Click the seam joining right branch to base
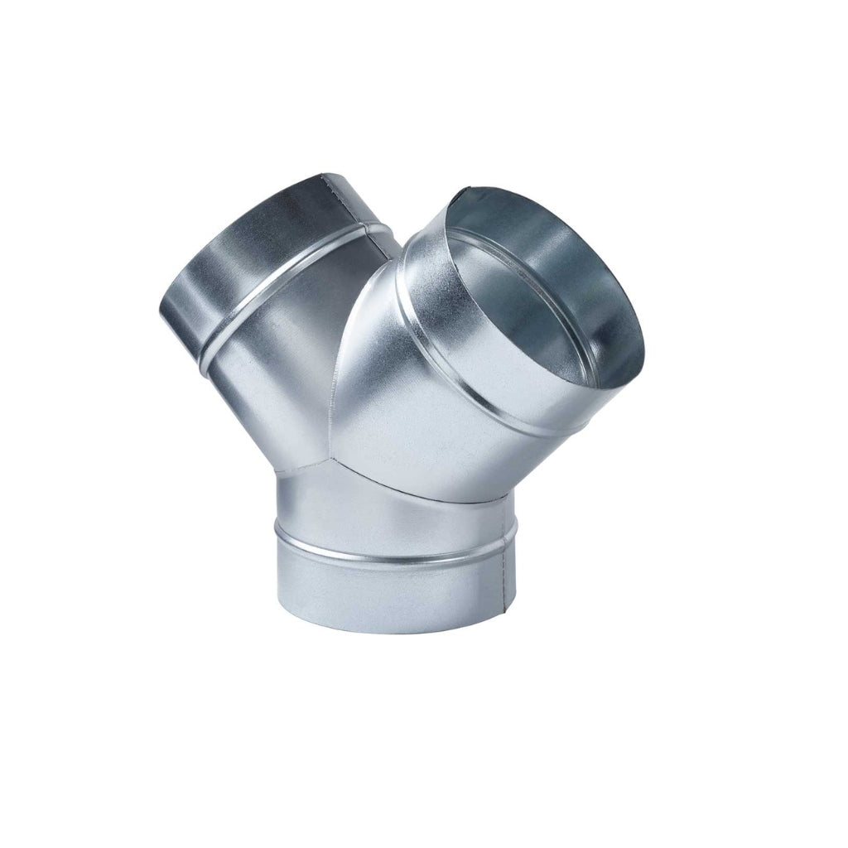click(431, 491)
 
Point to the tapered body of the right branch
click(414, 414)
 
